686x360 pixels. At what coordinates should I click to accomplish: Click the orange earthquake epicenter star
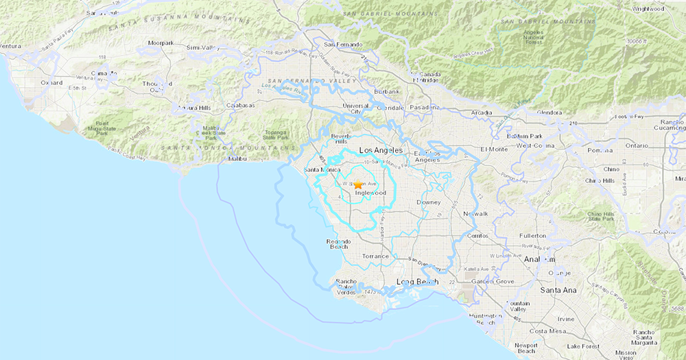point(357,185)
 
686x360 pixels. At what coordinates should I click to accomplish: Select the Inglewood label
point(370,193)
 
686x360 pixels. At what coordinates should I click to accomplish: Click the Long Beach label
point(417,282)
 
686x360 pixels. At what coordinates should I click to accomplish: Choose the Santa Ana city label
point(557,290)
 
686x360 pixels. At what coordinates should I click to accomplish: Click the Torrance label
point(375,256)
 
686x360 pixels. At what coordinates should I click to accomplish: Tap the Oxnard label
point(51,83)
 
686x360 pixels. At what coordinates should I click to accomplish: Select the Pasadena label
point(425,108)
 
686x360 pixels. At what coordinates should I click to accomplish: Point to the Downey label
point(428,203)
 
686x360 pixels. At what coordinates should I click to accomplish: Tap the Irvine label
point(566,319)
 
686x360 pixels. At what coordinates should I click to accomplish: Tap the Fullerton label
point(532,235)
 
